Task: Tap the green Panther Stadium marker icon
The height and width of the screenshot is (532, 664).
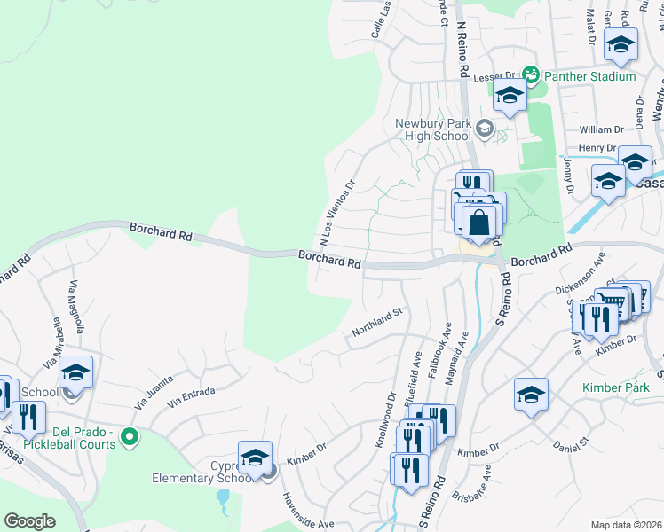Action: pyautogui.click(x=531, y=75)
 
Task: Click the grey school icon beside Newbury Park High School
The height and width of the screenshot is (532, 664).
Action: pyautogui.click(x=484, y=129)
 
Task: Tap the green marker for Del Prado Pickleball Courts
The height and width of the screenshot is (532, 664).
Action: pyautogui.click(x=130, y=436)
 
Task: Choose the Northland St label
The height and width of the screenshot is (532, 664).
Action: pyautogui.click(x=377, y=321)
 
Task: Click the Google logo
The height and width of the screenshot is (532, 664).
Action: pyautogui.click(x=29, y=521)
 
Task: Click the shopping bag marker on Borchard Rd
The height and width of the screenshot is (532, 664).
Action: pyautogui.click(x=478, y=223)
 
